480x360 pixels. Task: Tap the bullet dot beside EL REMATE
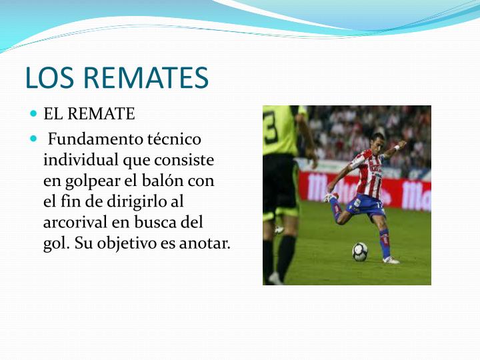(34, 114)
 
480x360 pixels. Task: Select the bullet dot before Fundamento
(34, 139)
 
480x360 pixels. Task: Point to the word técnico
(174, 139)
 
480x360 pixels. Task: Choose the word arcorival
(75, 222)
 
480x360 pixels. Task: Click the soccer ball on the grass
(359, 251)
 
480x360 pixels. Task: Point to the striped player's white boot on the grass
(391, 259)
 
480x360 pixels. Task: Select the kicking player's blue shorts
(365, 205)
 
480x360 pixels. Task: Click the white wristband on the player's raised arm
(396, 147)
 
